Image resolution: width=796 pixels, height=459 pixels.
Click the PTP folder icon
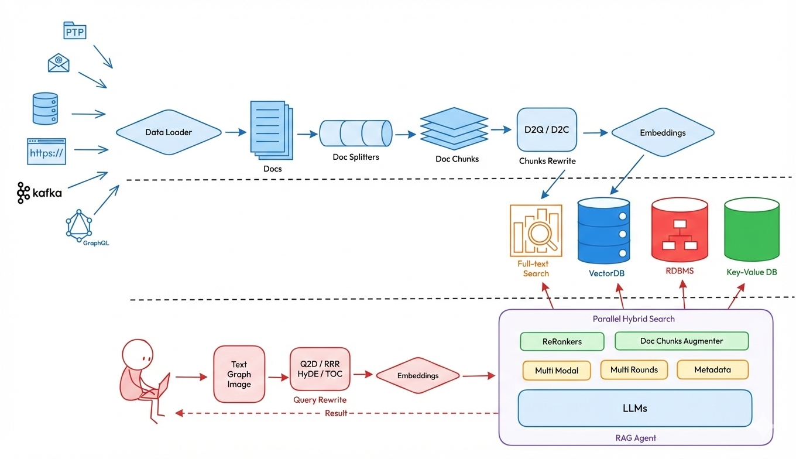(74, 30)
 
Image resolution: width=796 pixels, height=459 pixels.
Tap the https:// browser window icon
(47, 151)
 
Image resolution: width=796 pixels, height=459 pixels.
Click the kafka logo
(39, 193)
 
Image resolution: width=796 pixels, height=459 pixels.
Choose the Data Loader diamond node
(169, 132)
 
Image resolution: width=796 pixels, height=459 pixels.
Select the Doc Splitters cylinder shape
(355, 133)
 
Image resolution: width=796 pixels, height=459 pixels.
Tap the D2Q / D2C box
(547, 129)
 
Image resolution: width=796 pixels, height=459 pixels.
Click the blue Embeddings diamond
(663, 133)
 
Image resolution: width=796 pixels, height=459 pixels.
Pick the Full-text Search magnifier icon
(536, 230)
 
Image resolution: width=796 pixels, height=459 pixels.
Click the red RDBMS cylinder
(680, 230)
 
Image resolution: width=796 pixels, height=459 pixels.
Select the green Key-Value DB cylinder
(752, 229)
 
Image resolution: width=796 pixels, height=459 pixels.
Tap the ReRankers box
(562, 341)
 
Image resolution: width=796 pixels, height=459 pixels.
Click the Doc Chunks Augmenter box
(681, 341)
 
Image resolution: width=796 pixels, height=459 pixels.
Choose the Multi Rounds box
(634, 370)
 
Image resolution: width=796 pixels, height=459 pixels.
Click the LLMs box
(634, 408)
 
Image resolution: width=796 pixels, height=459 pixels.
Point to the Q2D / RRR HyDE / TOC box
(320, 369)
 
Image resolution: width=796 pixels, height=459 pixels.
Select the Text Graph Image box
(239, 374)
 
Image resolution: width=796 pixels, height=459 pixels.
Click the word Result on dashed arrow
(336, 413)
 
